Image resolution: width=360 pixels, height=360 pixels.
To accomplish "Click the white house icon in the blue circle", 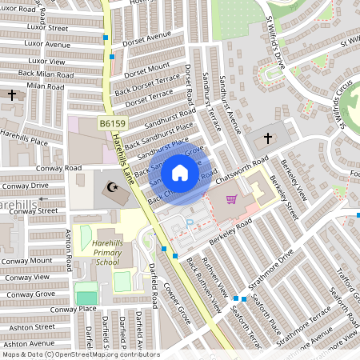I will point(180,173).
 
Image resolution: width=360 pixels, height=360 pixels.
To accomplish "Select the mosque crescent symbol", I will point(111,188).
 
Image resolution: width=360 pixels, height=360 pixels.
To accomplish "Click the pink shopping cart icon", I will point(231,199).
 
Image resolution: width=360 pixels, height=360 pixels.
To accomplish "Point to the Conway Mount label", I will point(26,261).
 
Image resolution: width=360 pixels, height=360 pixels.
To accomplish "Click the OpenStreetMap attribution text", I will point(80,354).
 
